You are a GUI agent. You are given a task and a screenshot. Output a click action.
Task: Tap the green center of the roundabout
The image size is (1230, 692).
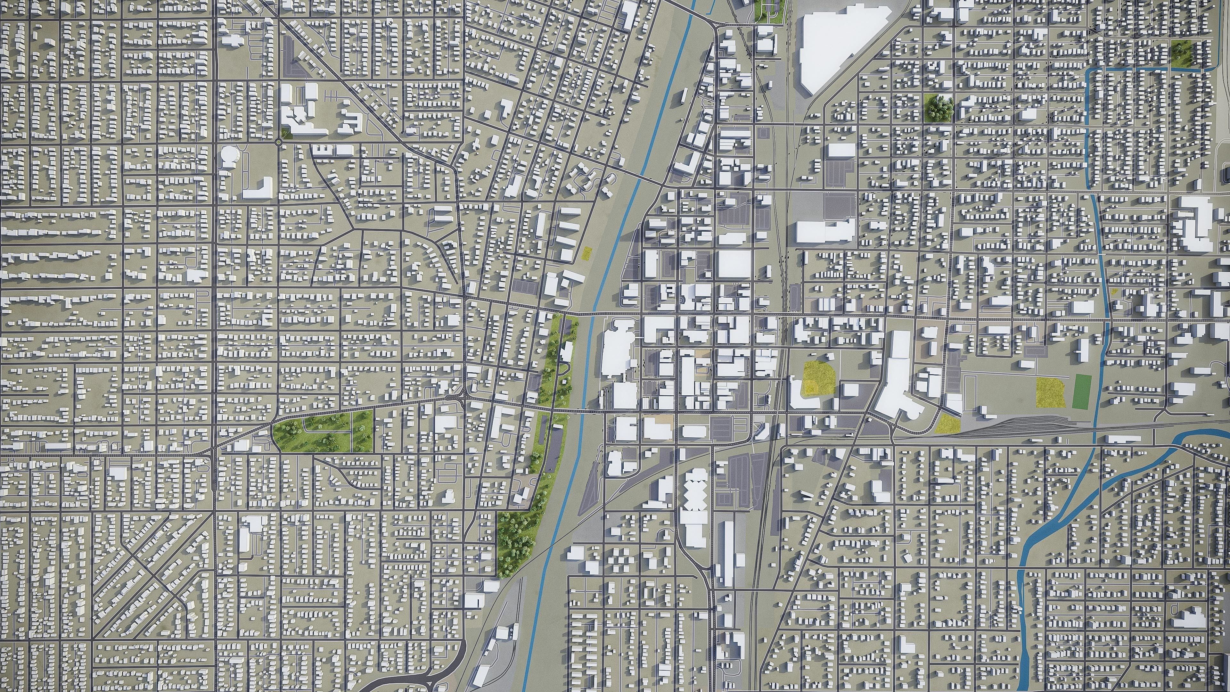(x=278, y=142)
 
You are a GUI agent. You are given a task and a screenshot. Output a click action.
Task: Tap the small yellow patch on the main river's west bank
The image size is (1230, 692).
(x=587, y=253)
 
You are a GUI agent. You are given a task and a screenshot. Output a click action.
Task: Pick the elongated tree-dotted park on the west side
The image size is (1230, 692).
(x=323, y=432)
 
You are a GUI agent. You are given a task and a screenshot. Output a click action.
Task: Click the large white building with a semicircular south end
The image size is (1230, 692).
(x=895, y=382)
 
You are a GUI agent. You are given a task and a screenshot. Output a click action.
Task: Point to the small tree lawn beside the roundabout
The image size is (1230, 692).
(x=285, y=134)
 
